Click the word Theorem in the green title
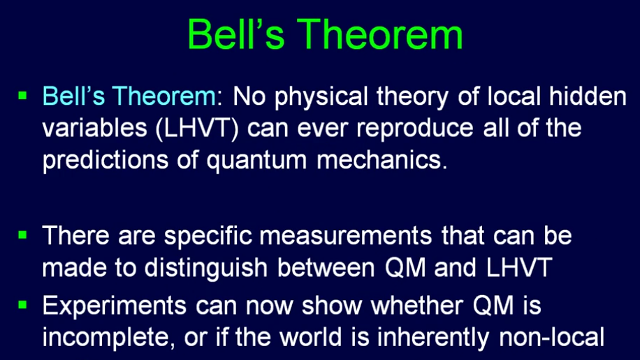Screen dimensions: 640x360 tap(380, 35)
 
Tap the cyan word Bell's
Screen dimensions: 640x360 tap(74, 96)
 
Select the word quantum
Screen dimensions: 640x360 tap(256, 160)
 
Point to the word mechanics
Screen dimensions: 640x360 tap(382, 159)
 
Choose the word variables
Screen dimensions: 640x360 tap(95, 128)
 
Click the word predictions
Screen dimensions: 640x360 tap(106, 160)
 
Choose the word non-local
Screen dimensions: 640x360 tap(551, 337)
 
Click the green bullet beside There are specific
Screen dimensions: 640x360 tap(22, 235)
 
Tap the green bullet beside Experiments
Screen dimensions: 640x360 tap(22, 305)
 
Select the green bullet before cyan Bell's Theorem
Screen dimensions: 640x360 tap(22, 96)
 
